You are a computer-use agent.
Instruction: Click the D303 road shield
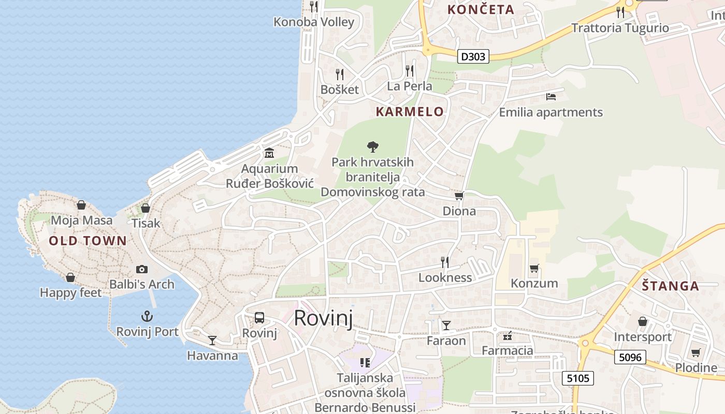(473, 56)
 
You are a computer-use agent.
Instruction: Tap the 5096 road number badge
(630, 357)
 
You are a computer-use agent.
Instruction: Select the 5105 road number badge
(578, 378)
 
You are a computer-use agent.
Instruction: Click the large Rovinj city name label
(323, 318)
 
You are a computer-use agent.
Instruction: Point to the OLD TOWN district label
(88, 241)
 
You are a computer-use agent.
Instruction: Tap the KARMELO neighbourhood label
(410, 111)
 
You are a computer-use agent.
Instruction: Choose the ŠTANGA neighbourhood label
(670, 286)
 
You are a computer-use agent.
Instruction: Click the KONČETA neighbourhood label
(481, 9)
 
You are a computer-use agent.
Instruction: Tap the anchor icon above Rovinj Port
(148, 316)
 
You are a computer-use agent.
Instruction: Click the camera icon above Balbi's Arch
(141, 269)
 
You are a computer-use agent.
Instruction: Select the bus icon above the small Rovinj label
(259, 317)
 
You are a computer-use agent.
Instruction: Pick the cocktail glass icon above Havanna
(212, 340)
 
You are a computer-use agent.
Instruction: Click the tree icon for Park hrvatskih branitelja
(372, 147)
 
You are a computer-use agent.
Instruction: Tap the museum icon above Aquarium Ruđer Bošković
(269, 153)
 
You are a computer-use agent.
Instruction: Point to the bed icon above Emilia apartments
(551, 97)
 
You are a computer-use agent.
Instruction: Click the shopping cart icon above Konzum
(534, 268)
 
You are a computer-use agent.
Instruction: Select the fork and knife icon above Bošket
(340, 74)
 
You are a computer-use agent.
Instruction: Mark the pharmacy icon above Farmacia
(508, 336)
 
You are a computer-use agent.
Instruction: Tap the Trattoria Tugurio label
(620, 28)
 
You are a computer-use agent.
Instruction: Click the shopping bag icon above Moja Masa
(81, 205)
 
